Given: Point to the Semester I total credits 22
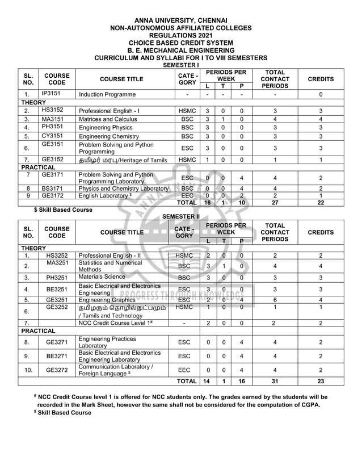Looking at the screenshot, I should pos(321,203).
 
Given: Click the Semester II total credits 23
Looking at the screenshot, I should pos(321,382).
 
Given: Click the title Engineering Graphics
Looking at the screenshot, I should pos(107,300).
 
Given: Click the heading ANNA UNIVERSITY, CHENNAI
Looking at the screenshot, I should pos(181,20).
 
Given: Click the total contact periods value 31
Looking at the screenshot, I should pos(274,382).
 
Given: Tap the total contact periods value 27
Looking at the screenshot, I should pos(274,203).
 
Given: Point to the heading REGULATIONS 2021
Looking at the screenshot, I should pos(181,35).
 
